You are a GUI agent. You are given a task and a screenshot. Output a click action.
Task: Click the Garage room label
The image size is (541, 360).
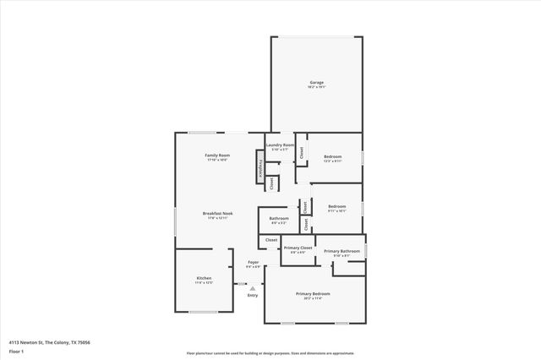pyautogui.click(x=316, y=82)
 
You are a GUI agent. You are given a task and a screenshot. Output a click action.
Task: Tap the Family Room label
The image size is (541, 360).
pyautogui.click(x=218, y=155)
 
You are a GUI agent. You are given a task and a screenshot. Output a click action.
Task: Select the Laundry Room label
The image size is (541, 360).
pyautogui.click(x=280, y=145)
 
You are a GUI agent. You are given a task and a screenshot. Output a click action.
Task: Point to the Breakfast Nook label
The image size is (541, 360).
pyautogui.click(x=218, y=213)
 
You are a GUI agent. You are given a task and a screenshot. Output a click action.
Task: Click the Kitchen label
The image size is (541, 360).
pyautogui.click(x=204, y=278)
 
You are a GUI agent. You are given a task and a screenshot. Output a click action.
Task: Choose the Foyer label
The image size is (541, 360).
pyautogui.click(x=253, y=263)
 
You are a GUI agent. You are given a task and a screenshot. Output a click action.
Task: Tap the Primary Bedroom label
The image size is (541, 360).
pyautogui.click(x=313, y=293)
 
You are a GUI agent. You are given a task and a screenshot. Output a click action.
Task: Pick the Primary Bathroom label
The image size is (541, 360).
pyautogui.click(x=342, y=251)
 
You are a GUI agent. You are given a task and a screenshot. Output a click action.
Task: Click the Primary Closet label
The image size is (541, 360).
pyautogui.click(x=298, y=248)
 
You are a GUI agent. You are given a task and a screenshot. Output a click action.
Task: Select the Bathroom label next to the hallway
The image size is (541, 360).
pyautogui.click(x=279, y=219)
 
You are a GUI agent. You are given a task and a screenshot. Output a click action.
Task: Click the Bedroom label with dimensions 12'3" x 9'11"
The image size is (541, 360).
pyautogui.click(x=332, y=156)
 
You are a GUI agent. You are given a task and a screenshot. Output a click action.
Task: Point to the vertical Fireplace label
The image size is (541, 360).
pyautogui.click(x=260, y=167)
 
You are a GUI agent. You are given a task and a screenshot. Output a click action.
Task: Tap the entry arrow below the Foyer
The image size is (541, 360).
pyautogui.click(x=252, y=287)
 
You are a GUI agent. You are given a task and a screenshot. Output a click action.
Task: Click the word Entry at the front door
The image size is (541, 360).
pyautogui.click(x=252, y=295)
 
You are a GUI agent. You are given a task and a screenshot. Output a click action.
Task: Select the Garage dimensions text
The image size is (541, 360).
pyautogui.click(x=316, y=87)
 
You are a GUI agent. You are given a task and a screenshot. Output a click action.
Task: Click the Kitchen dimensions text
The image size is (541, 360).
pyautogui.click(x=204, y=283)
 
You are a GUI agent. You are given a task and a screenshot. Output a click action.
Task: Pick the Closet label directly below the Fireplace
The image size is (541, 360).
pyautogui.click(x=271, y=183)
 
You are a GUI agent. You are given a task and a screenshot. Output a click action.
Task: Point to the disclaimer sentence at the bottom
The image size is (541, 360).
pyautogui.click(x=270, y=353)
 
